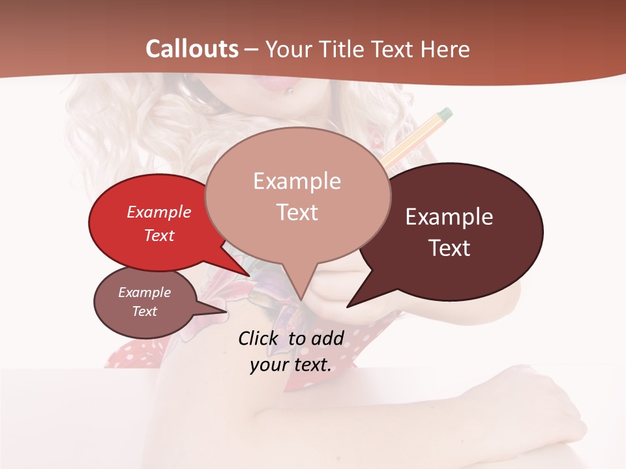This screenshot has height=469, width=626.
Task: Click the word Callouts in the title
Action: coord(192,49)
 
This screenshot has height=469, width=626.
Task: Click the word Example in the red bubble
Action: coord(159,212)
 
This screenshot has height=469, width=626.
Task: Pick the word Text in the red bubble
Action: coord(159,235)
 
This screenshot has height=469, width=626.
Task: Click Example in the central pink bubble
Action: coord(297,181)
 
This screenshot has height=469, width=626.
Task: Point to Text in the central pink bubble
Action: coord(297,212)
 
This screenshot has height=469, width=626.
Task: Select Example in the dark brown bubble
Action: coord(449,217)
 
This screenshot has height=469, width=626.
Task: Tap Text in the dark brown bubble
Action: coord(449,248)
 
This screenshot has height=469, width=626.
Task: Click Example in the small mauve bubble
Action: coord(145,292)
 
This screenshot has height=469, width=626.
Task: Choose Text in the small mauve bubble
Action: coord(145,311)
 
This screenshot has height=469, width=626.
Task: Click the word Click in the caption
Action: coord(260,338)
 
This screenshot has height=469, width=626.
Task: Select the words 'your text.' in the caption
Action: coord(291,365)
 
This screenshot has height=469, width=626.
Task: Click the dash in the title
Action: coord(252,49)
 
